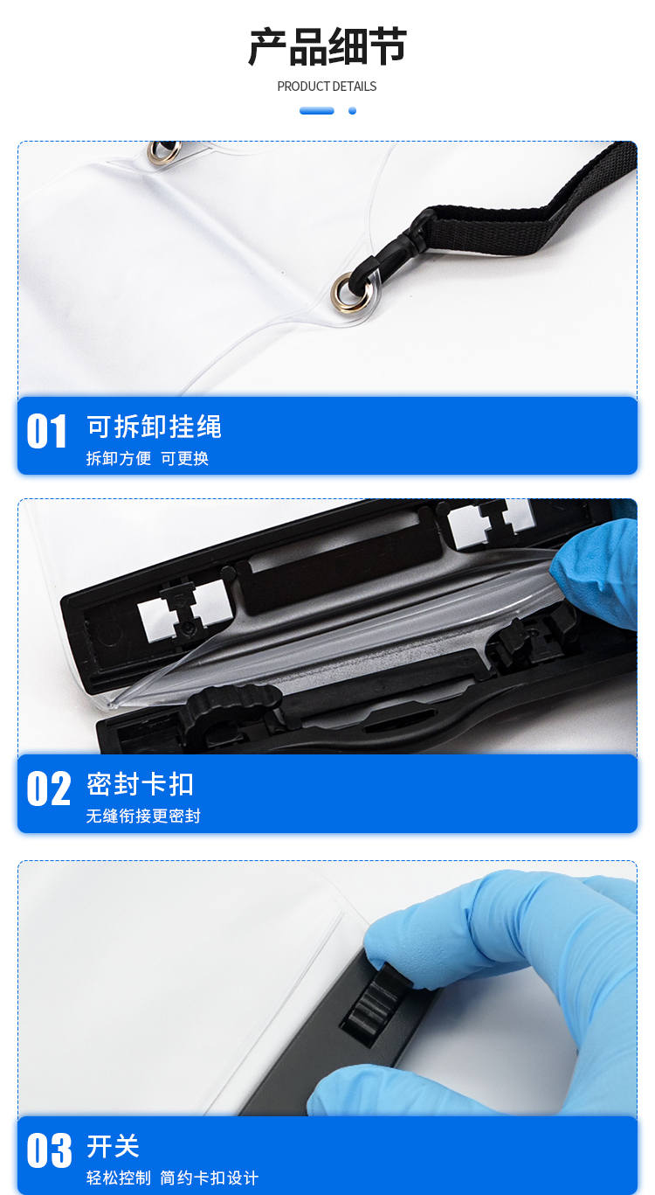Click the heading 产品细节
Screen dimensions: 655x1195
pos(327,47)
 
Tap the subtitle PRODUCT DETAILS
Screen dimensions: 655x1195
pos(327,87)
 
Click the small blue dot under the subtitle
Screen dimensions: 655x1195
pos(352,111)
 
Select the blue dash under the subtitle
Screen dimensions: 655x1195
pos(316,111)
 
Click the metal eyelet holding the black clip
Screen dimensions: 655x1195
pos(351,291)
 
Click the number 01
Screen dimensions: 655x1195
pos(46,432)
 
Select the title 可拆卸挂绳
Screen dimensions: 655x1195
pos(154,427)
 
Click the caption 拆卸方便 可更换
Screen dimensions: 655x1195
pos(148,458)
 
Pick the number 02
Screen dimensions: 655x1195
pos(48,789)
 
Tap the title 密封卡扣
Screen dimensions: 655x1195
pos(140,784)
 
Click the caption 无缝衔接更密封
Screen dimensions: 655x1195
pos(143,816)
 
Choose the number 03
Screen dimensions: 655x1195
pos(49,1150)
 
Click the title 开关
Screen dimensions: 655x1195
pos(113,1146)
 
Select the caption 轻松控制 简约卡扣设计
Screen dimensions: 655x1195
pos(172,1178)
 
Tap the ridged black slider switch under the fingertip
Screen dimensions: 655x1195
pos(373,1002)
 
